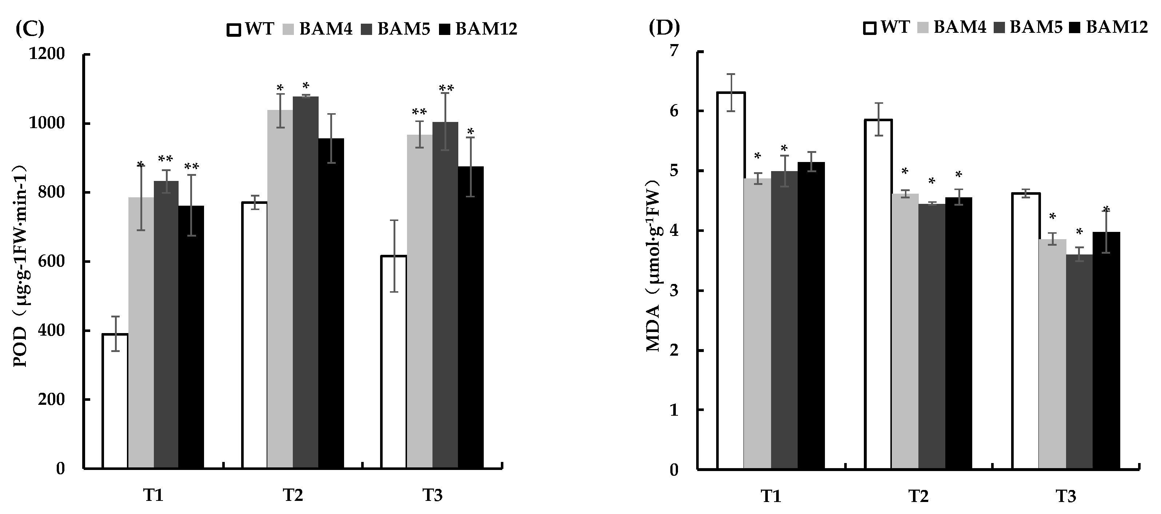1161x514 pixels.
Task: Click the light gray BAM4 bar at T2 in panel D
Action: [905, 331]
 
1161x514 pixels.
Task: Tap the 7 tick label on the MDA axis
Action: [673, 51]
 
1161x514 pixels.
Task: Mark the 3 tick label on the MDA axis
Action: [673, 291]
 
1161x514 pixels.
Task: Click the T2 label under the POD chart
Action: [293, 495]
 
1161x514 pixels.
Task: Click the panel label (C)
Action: [30, 28]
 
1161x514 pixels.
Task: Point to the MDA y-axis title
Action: [653, 266]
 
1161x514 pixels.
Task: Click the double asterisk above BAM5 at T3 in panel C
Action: [446, 87]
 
